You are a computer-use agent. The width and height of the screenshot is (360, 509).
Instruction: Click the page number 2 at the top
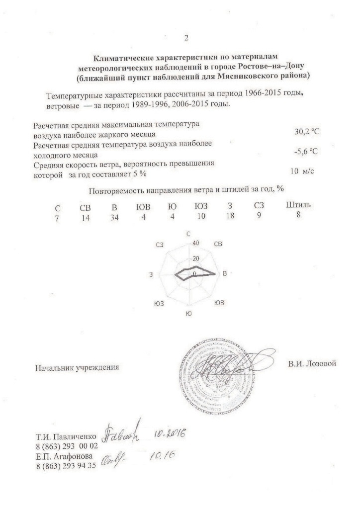tap(186, 38)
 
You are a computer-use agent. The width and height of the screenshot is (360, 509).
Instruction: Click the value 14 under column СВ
tap(86, 216)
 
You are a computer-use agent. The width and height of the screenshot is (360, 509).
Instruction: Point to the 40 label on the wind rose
tap(195, 243)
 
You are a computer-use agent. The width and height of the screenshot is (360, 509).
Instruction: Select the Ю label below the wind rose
tap(187, 314)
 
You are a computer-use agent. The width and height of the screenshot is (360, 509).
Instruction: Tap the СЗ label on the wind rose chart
tap(160, 244)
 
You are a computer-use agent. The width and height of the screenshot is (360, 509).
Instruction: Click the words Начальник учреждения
tap(77, 368)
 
